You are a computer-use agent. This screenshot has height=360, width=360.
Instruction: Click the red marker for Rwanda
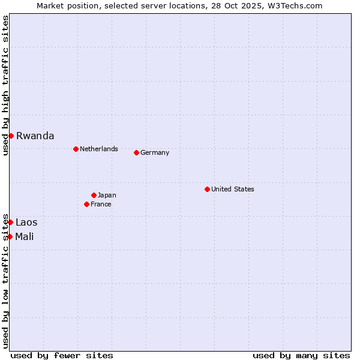11,136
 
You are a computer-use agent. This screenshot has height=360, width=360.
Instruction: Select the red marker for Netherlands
76,149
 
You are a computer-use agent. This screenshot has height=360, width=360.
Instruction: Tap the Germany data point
136,152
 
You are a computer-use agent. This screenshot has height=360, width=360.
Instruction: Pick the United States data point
207,189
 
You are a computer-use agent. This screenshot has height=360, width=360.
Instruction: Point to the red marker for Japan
94,195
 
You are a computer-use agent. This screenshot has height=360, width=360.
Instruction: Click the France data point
86,204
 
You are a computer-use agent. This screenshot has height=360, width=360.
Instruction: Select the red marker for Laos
10,222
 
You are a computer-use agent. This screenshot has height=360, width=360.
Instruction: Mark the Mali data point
10,236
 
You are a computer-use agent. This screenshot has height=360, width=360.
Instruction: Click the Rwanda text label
35,136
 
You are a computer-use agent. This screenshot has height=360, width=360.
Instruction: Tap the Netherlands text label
99,149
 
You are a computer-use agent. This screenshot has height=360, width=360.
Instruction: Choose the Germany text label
155,152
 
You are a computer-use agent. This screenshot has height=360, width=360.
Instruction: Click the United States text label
233,189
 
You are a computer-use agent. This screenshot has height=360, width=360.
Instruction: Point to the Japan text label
107,195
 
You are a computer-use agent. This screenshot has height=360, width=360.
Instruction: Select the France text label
101,204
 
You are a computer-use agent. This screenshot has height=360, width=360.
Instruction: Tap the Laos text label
26,222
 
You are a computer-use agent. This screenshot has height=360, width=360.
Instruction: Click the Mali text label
25,236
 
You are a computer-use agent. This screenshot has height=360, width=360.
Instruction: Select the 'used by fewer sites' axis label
62,355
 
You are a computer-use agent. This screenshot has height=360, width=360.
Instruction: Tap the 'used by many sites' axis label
301,355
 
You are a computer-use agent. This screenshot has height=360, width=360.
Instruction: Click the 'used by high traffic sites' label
5,86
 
